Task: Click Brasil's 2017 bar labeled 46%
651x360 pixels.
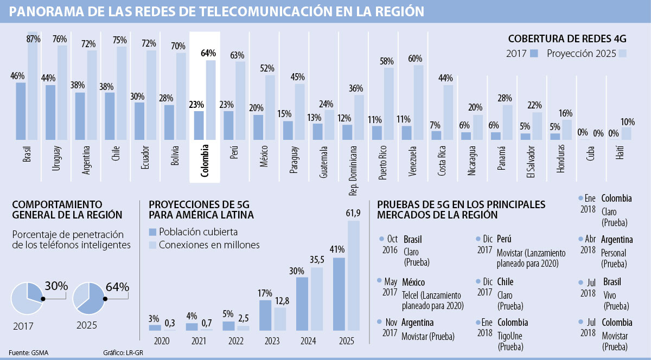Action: pos(21,111)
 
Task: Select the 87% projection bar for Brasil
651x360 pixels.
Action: pos(33,87)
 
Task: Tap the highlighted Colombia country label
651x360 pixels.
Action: pos(205,160)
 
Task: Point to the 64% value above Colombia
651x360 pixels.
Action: pos(208,53)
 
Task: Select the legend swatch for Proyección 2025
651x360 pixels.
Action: pos(623,54)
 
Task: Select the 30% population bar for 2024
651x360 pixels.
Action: pos(302,304)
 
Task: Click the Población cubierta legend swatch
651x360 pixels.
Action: pos(152,232)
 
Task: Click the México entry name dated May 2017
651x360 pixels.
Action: pos(413,282)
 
